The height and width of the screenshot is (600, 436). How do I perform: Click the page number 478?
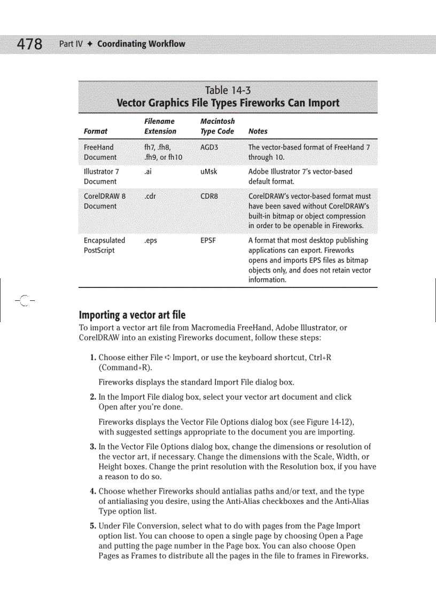(29, 44)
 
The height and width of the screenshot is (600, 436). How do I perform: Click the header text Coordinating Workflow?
(141, 44)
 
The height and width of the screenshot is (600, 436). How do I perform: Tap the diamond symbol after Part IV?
(90, 44)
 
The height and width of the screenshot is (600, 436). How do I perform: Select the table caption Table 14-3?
(228, 90)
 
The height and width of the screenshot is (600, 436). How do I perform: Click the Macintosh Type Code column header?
(217, 126)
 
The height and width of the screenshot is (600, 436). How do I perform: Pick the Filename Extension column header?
(160, 126)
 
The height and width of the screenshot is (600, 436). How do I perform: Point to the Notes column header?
(258, 131)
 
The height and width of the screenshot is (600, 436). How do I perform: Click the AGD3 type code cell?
(209, 147)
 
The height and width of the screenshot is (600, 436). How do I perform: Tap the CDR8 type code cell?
(209, 196)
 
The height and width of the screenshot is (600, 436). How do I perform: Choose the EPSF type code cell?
(208, 240)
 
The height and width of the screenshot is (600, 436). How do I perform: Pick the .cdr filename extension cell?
(150, 196)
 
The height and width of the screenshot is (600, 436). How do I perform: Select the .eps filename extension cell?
(151, 240)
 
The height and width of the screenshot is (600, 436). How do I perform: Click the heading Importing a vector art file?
(132, 315)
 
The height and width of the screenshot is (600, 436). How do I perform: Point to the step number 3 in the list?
(92, 447)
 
